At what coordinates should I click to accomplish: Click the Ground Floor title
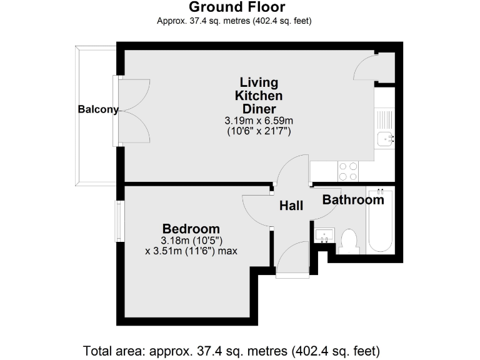(x=237, y=7)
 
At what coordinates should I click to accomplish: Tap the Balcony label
(x=98, y=109)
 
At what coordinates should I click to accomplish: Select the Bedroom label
(x=191, y=228)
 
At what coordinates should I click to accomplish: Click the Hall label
(x=291, y=206)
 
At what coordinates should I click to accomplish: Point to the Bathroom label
(x=353, y=200)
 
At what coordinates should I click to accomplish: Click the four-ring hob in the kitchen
(x=347, y=171)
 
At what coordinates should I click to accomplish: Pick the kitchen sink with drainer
(x=385, y=129)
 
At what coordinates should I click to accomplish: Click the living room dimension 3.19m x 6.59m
(x=258, y=121)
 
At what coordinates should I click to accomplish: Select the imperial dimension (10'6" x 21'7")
(x=258, y=132)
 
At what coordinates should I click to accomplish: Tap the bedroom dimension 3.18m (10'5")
(x=191, y=241)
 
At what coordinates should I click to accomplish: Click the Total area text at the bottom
(x=231, y=349)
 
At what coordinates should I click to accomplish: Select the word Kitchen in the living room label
(x=258, y=96)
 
